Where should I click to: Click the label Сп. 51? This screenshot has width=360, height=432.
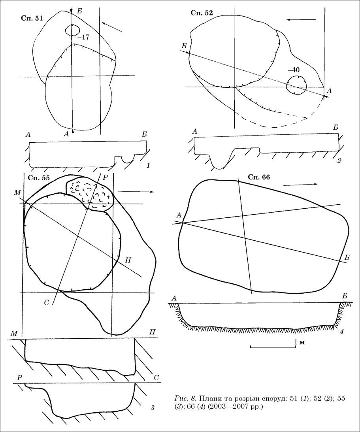click(x=32, y=19)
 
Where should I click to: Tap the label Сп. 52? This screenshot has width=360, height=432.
click(x=202, y=13)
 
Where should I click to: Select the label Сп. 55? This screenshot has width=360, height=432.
click(x=39, y=178)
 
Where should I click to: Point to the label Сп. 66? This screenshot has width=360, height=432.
click(x=259, y=177)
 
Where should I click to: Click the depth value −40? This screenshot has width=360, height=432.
click(x=293, y=70)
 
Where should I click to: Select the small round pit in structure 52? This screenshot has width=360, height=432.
click(x=296, y=85)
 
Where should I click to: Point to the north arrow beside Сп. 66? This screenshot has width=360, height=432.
click(x=301, y=185)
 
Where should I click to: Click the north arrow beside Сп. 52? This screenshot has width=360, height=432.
click(x=300, y=19)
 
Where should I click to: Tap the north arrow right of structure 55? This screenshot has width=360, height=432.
click(x=136, y=191)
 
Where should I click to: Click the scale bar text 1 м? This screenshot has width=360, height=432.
click(x=299, y=342)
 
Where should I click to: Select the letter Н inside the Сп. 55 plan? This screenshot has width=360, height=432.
click(x=128, y=260)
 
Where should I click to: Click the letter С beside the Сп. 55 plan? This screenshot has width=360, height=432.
click(x=47, y=302)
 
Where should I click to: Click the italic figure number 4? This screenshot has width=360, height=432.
click(x=341, y=332)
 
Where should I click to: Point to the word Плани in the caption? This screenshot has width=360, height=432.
click(x=209, y=399)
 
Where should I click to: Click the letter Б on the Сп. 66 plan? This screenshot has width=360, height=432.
click(x=347, y=258)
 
